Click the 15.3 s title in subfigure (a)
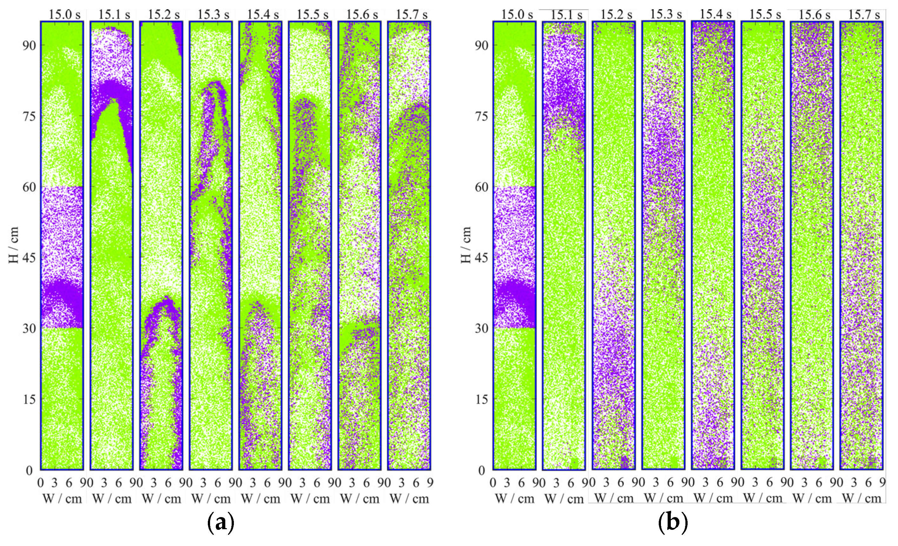coord(214,15)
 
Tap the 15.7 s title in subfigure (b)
coord(864,15)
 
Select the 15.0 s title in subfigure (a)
coord(65,15)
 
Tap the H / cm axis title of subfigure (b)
coord(466,245)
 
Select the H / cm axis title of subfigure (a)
coord(14,245)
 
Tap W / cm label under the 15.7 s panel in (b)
coord(862,498)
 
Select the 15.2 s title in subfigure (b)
coord(616,14)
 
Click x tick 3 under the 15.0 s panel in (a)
coord(55,483)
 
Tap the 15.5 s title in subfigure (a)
coord(313,15)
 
